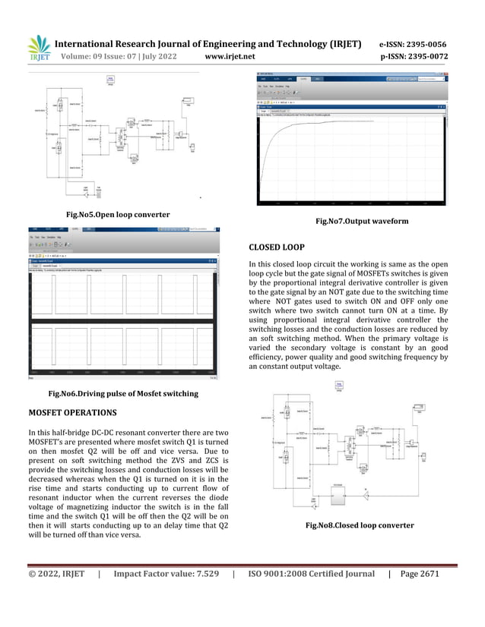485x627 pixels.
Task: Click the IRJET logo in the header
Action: [x=39, y=49]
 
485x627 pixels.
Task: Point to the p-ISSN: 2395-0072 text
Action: [x=414, y=57]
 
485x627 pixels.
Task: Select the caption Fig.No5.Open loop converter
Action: [x=118, y=215]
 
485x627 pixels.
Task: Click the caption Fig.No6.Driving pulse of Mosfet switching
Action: [x=123, y=393]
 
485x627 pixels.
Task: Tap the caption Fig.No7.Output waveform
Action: [x=357, y=222]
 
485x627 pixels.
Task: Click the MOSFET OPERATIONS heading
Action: [x=72, y=412]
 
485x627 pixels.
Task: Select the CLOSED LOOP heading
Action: [x=277, y=247]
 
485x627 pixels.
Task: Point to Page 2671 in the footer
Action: [x=420, y=574]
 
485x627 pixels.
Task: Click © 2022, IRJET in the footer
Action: [x=56, y=574]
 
